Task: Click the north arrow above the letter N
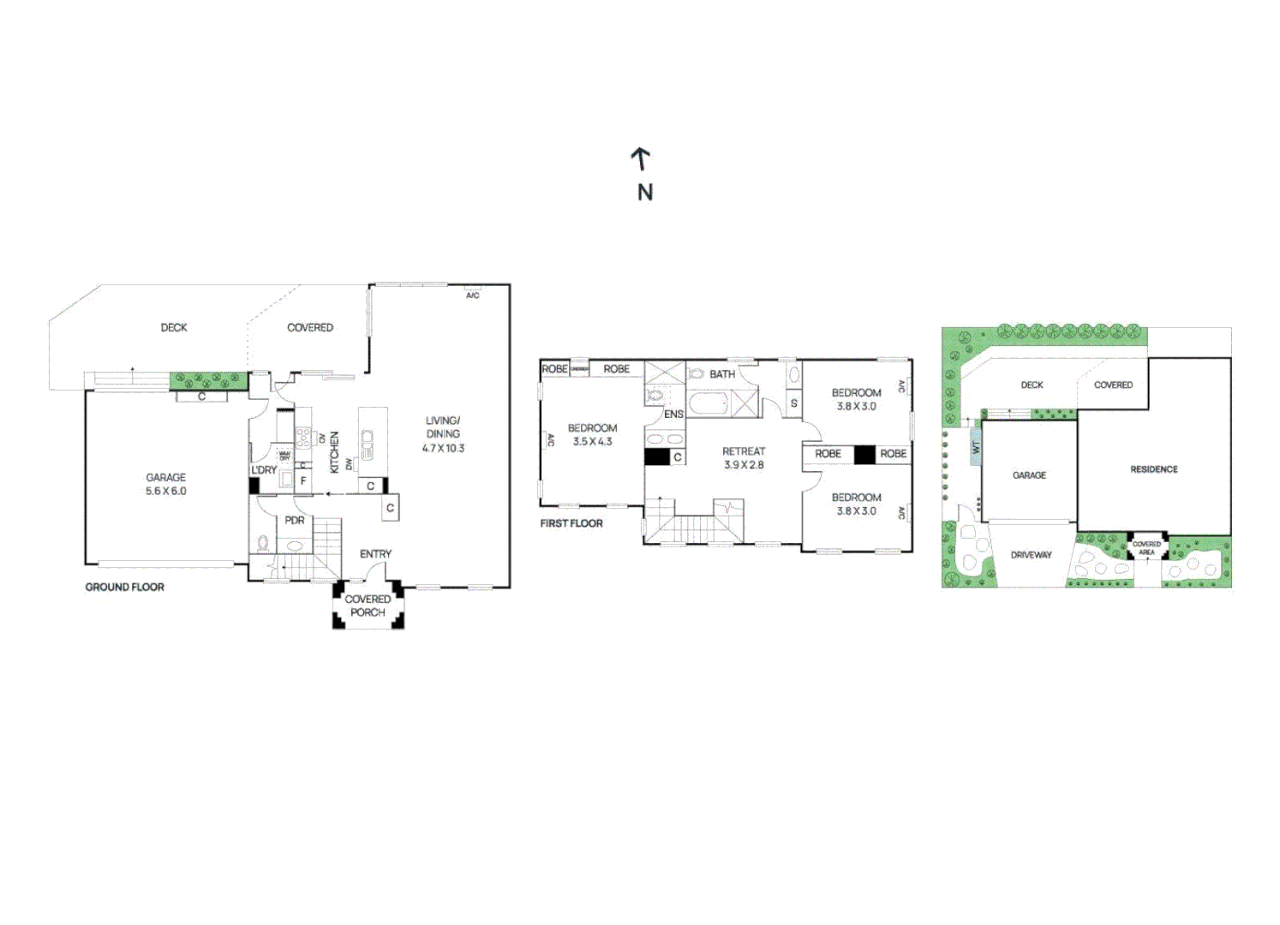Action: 640,158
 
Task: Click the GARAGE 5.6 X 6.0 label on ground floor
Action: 165,484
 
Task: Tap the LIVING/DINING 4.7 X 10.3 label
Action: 443,433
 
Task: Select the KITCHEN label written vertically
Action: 334,451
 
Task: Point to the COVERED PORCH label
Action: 368,606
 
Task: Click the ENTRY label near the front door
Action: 375,554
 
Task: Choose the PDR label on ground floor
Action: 295,520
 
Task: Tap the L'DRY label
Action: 264,470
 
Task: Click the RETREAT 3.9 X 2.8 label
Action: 743,457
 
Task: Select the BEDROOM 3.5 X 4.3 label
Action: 592,434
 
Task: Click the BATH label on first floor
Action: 722,374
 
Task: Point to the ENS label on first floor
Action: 674,415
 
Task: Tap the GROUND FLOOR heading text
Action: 124,587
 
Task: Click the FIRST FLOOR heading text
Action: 571,523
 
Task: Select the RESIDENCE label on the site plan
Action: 1153,469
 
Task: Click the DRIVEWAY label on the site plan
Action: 1031,555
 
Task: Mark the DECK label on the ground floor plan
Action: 174,327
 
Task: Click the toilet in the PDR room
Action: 264,543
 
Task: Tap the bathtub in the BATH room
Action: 709,403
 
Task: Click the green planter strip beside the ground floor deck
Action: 208,379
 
